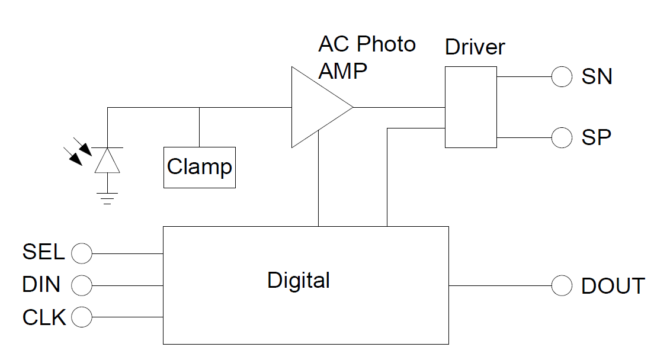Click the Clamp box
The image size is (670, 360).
(x=200, y=168)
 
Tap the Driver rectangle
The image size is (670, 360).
(x=470, y=107)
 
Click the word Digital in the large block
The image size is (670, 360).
(x=299, y=280)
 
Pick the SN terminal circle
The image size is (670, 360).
(x=562, y=76)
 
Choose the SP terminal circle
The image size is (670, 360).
(x=562, y=137)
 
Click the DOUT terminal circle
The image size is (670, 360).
(x=562, y=285)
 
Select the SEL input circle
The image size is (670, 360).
(x=82, y=254)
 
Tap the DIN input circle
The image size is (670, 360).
(x=82, y=285)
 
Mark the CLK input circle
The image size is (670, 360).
(x=82, y=317)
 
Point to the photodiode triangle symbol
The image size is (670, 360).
(x=107, y=160)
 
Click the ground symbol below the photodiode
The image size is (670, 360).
(x=107, y=199)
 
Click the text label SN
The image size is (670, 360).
(x=597, y=77)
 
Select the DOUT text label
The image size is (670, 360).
(x=613, y=286)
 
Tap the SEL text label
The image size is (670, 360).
(x=43, y=252)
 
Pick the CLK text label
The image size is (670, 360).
(x=44, y=317)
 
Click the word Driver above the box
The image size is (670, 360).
(x=475, y=47)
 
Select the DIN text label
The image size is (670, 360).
(x=41, y=285)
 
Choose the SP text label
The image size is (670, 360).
(x=596, y=137)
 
